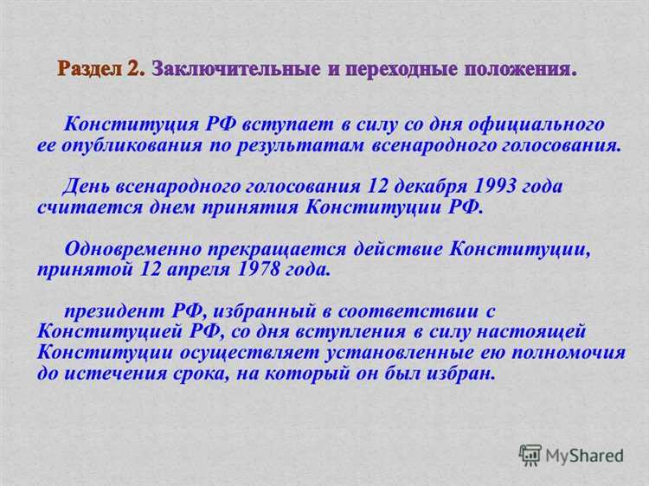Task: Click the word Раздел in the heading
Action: click(93, 69)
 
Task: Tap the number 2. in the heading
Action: click(138, 69)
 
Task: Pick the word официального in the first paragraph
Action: click(536, 125)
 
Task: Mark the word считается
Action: click(78, 207)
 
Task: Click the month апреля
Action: click(198, 269)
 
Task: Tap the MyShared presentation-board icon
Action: click(530, 454)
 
